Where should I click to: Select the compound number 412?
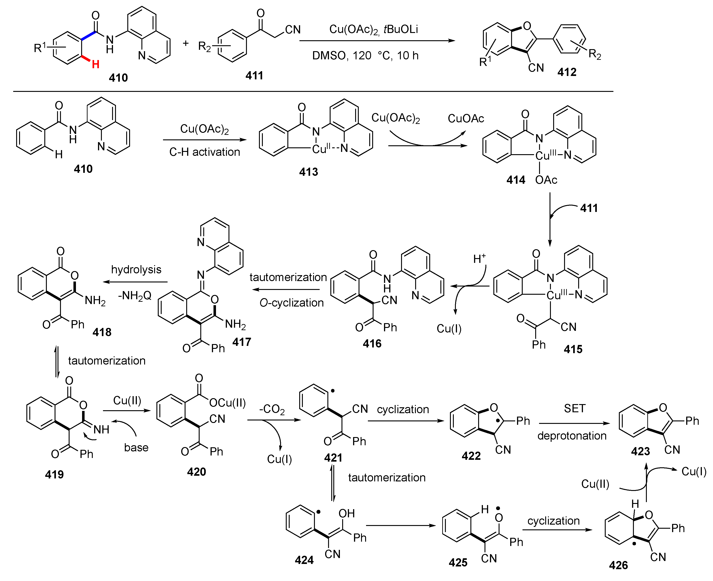pyautogui.click(x=567, y=72)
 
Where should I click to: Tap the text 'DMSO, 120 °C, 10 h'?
pyautogui.click(x=365, y=55)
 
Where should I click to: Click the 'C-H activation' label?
pyautogui.click(x=204, y=152)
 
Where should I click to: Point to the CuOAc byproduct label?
pyautogui.click(x=466, y=118)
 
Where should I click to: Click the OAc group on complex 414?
pyautogui.click(x=546, y=180)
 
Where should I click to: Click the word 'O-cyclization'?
pyautogui.click(x=291, y=303)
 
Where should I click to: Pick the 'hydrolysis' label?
pyautogui.click(x=136, y=269)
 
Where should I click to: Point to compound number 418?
pyautogui.click(x=102, y=332)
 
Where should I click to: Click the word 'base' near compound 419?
pyautogui.click(x=136, y=448)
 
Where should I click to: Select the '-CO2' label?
pyautogui.click(x=272, y=409)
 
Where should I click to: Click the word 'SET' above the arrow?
pyautogui.click(x=575, y=408)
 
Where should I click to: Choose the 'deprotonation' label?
pyautogui.click(x=572, y=436)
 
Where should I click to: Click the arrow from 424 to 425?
pyautogui.click(x=401, y=526)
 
